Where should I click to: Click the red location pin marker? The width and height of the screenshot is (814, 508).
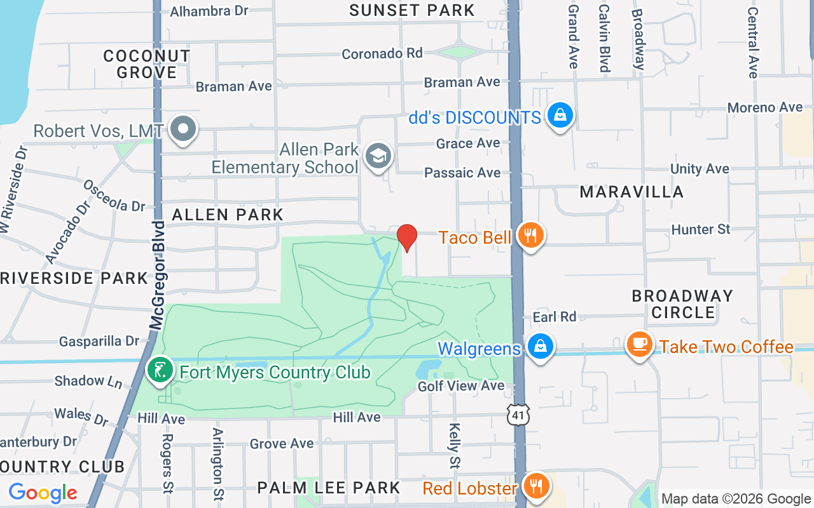coord(407,237)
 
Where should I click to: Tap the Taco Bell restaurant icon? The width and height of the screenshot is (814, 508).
coord(530,236)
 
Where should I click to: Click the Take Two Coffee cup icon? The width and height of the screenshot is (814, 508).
coord(639,344)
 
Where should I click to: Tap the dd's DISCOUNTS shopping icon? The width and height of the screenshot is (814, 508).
coord(560,115)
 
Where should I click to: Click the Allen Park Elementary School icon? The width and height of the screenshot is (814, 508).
coord(379,156)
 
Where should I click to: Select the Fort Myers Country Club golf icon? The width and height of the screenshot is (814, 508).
coord(160,370)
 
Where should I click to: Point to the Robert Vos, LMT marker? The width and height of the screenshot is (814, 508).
coord(184,128)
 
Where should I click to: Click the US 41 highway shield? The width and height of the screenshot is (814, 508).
coord(518,415)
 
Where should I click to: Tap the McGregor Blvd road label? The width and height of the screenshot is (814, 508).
coord(157,276)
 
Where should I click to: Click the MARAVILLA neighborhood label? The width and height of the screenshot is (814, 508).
coord(631,192)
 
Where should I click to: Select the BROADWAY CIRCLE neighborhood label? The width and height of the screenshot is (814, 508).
coord(683,304)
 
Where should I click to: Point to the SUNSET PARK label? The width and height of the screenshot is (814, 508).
coord(412,10)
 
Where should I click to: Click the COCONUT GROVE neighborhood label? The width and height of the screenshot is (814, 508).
coord(147,64)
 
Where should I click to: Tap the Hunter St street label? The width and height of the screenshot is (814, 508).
coord(701,229)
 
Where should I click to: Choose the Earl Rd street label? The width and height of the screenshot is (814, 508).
coord(555,316)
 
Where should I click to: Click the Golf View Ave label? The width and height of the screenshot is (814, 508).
coord(461,386)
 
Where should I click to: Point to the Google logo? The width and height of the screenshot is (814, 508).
coord(43,493)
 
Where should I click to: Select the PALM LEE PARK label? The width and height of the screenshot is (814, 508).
coord(329,488)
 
